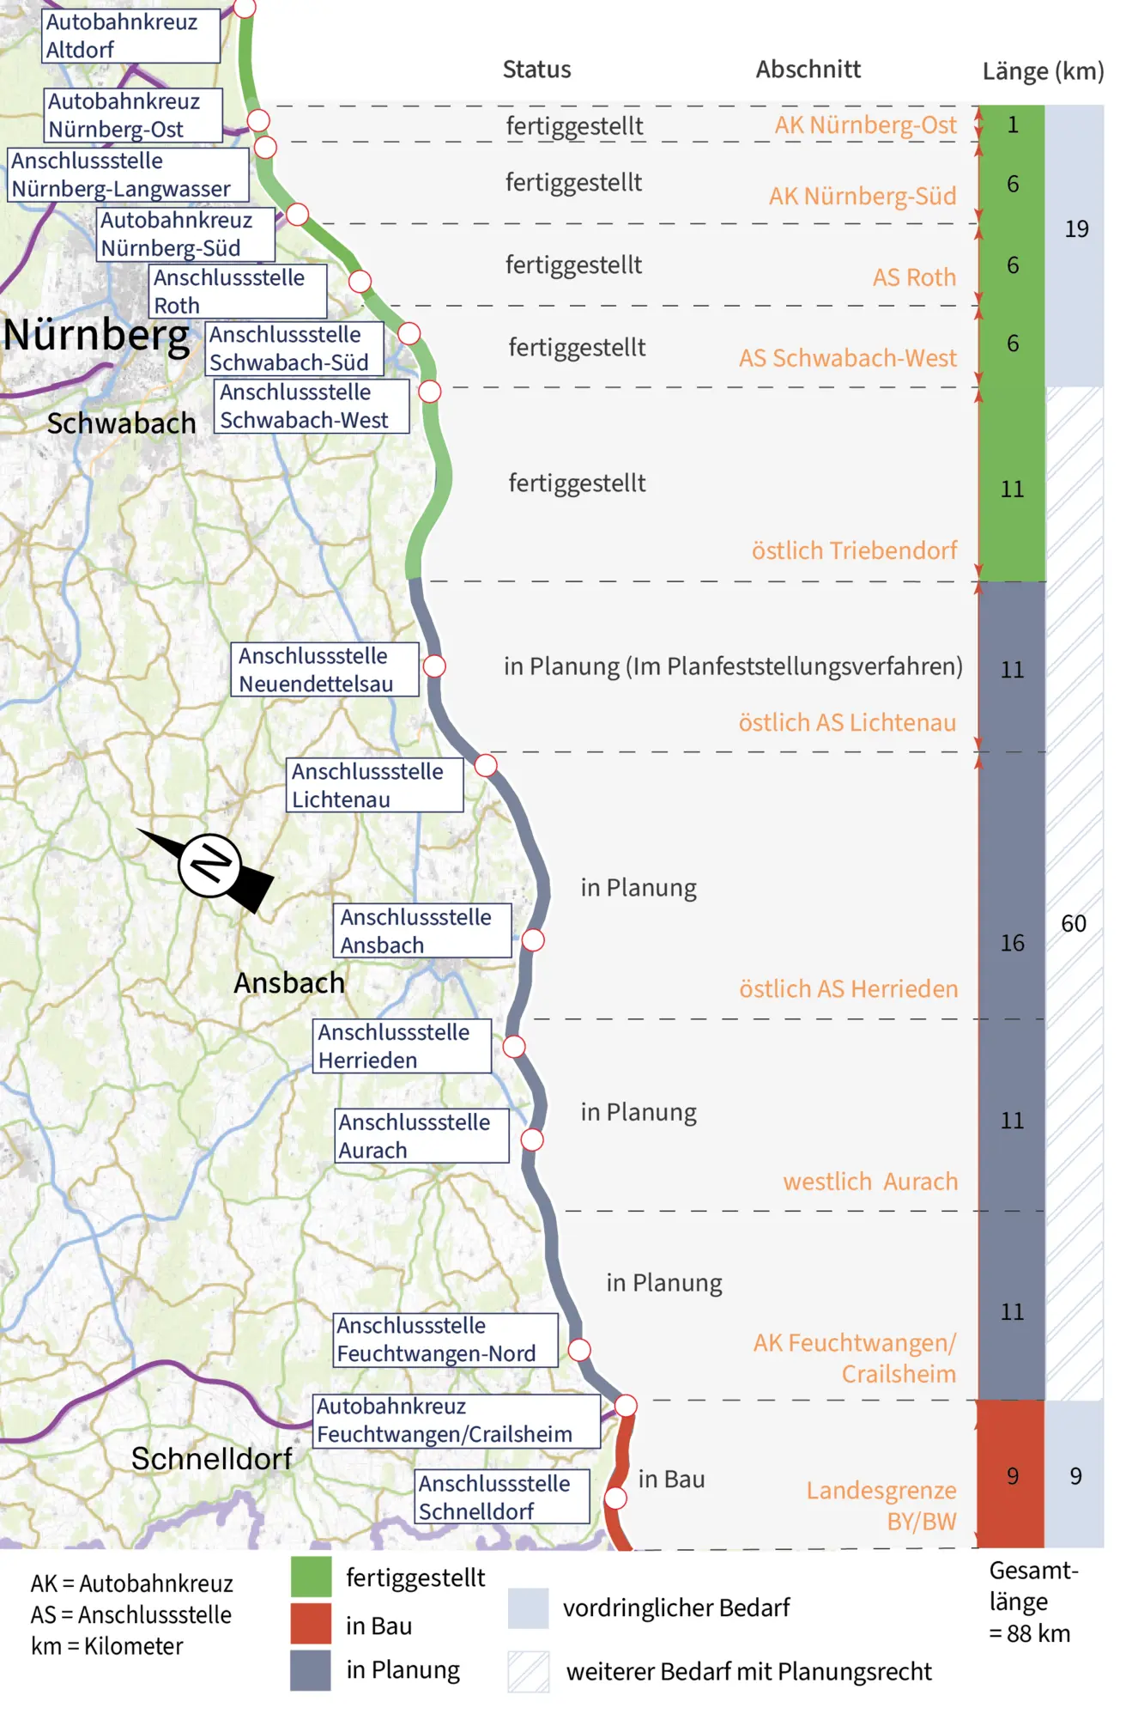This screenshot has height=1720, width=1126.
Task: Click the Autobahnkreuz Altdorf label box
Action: [x=130, y=36]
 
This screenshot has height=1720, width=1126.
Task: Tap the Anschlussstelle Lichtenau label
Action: [x=375, y=785]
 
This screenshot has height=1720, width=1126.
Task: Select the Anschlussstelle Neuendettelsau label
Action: [x=324, y=670]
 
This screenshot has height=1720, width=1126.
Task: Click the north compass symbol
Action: [x=210, y=866]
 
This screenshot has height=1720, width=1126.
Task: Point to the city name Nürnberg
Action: [x=96, y=335]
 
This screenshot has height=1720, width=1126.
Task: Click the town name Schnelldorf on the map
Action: [x=211, y=1459]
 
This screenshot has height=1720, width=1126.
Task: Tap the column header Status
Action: [x=536, y=70]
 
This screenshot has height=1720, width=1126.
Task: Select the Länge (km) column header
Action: [x=1043, y=70]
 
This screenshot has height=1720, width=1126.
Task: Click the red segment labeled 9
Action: [x=1012, y=1476]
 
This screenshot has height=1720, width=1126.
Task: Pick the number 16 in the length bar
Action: [x=1012, y=943]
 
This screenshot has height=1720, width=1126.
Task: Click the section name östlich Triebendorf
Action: [x=854, y=550]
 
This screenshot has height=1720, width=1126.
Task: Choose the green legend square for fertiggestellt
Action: [x=311, y=1577]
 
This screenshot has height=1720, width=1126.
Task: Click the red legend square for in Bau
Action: [x=311, y=1624]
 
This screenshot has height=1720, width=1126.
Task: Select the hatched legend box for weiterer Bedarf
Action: [x=528, y=1671]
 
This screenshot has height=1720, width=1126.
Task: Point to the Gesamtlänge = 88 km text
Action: [x=1032, y=1601]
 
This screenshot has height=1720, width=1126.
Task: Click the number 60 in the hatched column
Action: [x=1074, y=924]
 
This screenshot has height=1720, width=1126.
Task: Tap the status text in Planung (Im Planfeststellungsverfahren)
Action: [x=733, y=666]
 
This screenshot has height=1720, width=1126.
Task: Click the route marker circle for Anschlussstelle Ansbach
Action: [x=533, y=940]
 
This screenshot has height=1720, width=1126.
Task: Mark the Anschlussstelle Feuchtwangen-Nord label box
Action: [x=445, y=1340]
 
